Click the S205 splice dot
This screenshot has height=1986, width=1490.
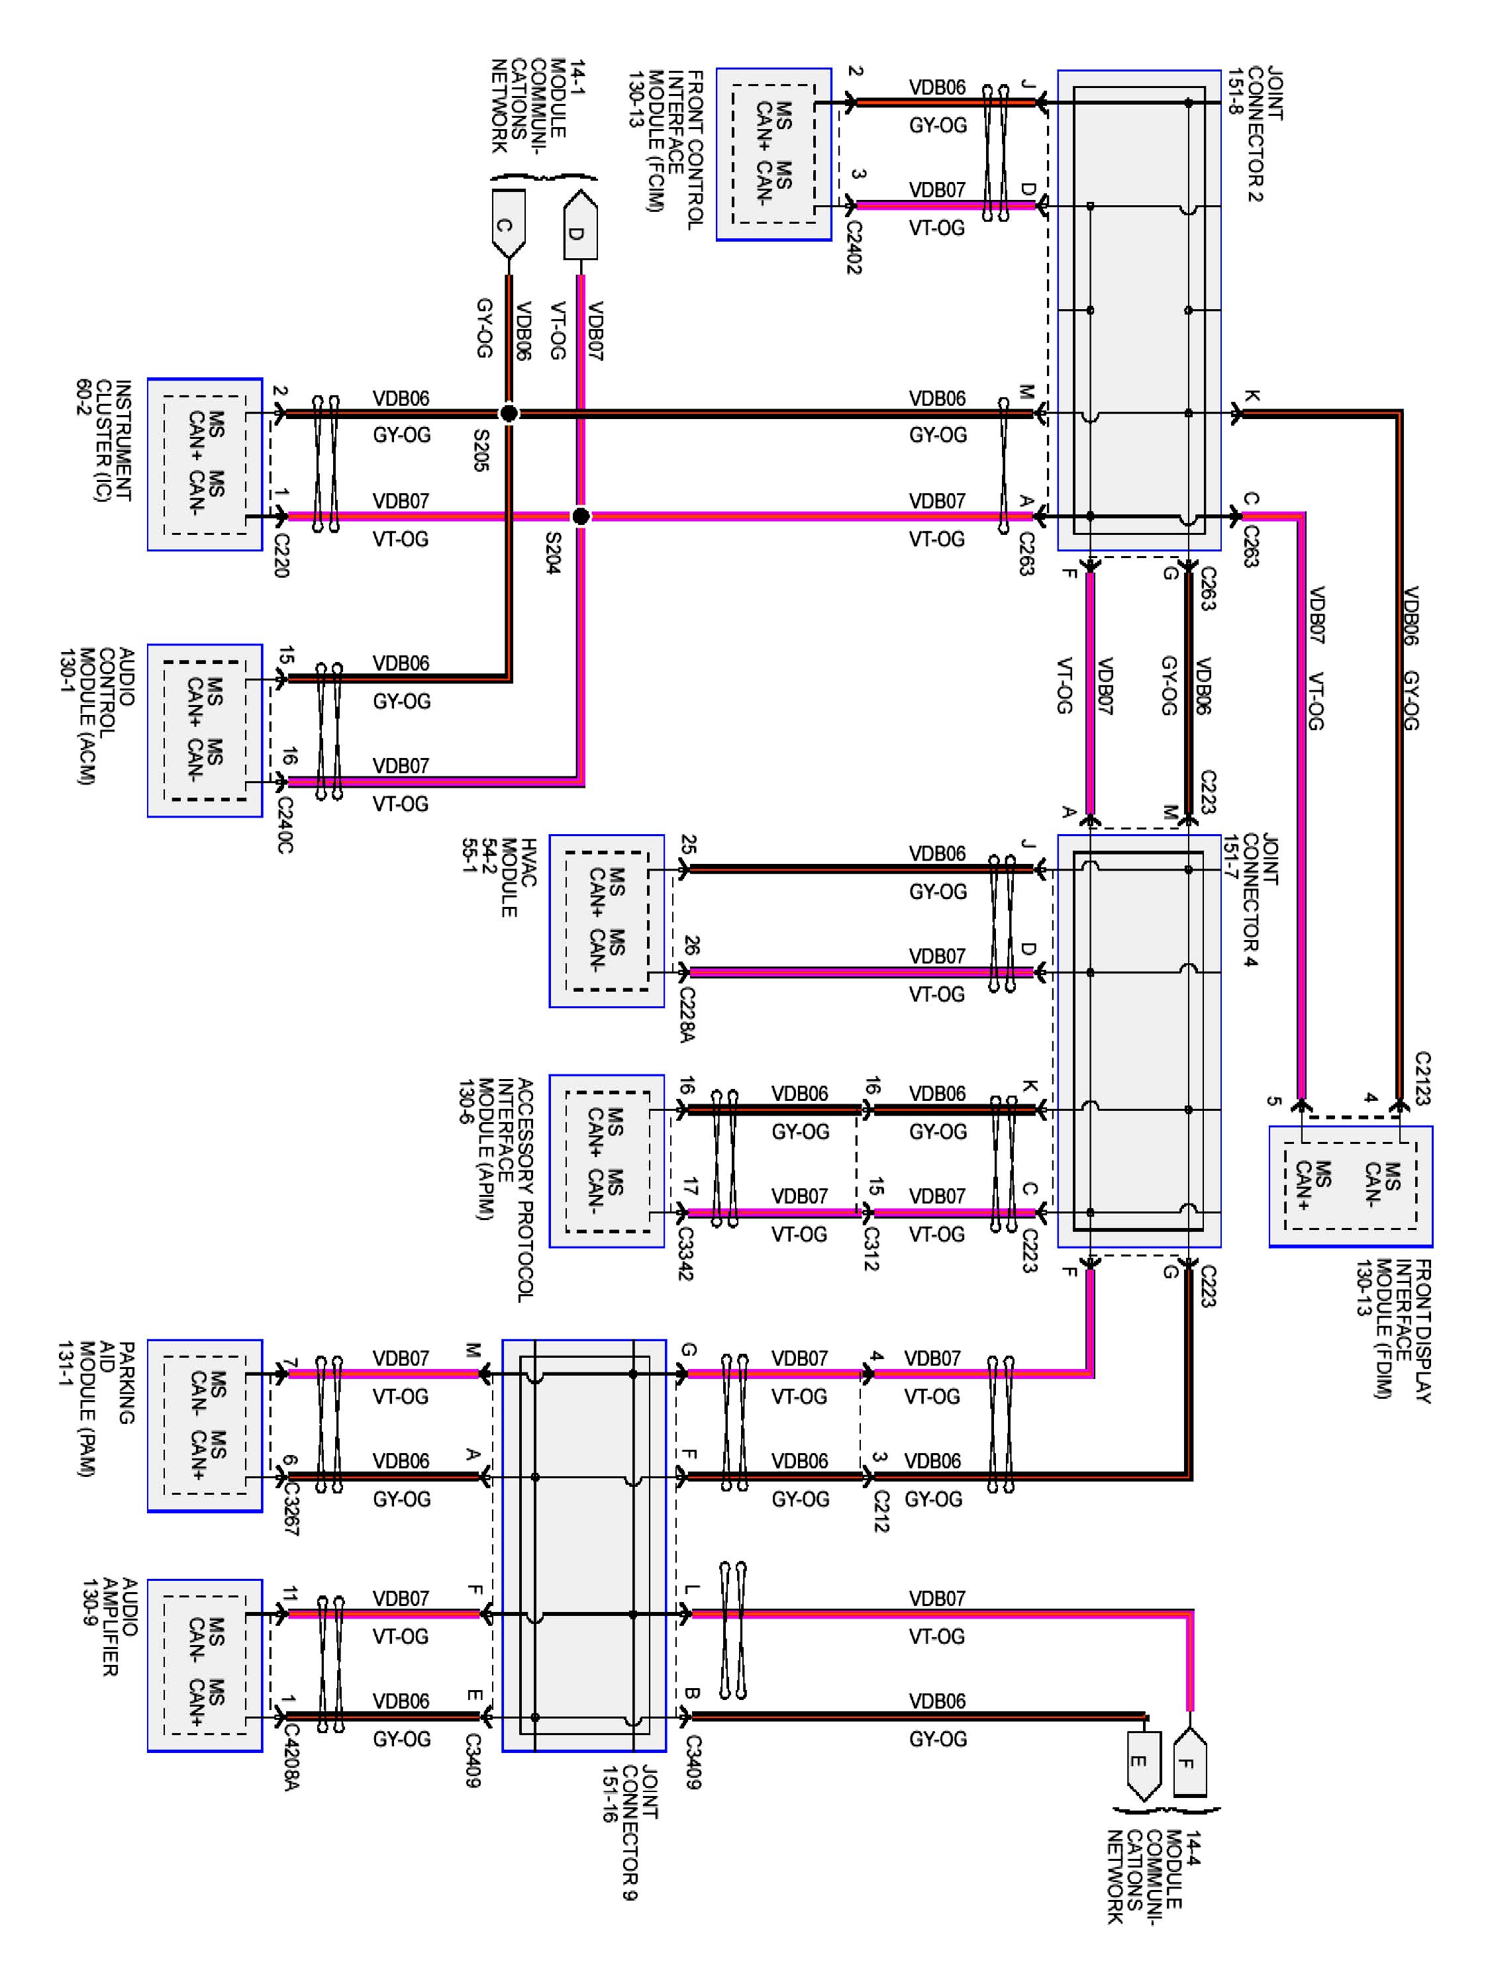click(x=509, y=413)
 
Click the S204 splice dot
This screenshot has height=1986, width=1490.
click(x=580, y=516)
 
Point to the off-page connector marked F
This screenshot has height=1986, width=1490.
click(x=1189, y=1762)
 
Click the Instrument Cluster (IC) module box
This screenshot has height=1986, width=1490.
click(x=205, y=463)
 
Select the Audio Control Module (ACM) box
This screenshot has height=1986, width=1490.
click(x=205, y=730)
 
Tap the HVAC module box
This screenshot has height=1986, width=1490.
click(x=607, y=920)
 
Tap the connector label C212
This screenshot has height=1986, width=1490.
click(x=880, y=1511)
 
